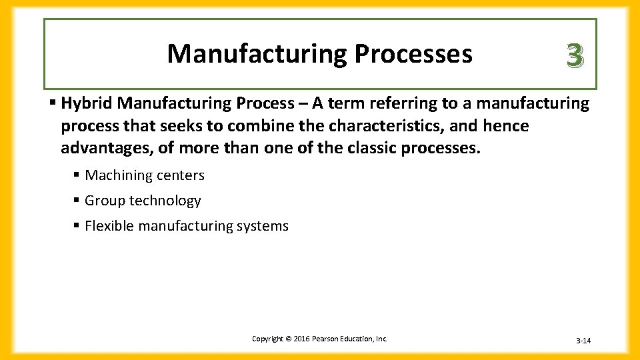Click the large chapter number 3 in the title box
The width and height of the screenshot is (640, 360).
tap(575, 55)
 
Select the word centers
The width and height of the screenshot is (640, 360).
tap(180, 175)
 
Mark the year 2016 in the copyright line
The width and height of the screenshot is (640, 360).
tap(298, 339)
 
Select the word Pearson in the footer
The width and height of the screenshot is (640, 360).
tap(324, 339)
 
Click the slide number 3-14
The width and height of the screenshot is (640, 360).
tap(583, 341)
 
